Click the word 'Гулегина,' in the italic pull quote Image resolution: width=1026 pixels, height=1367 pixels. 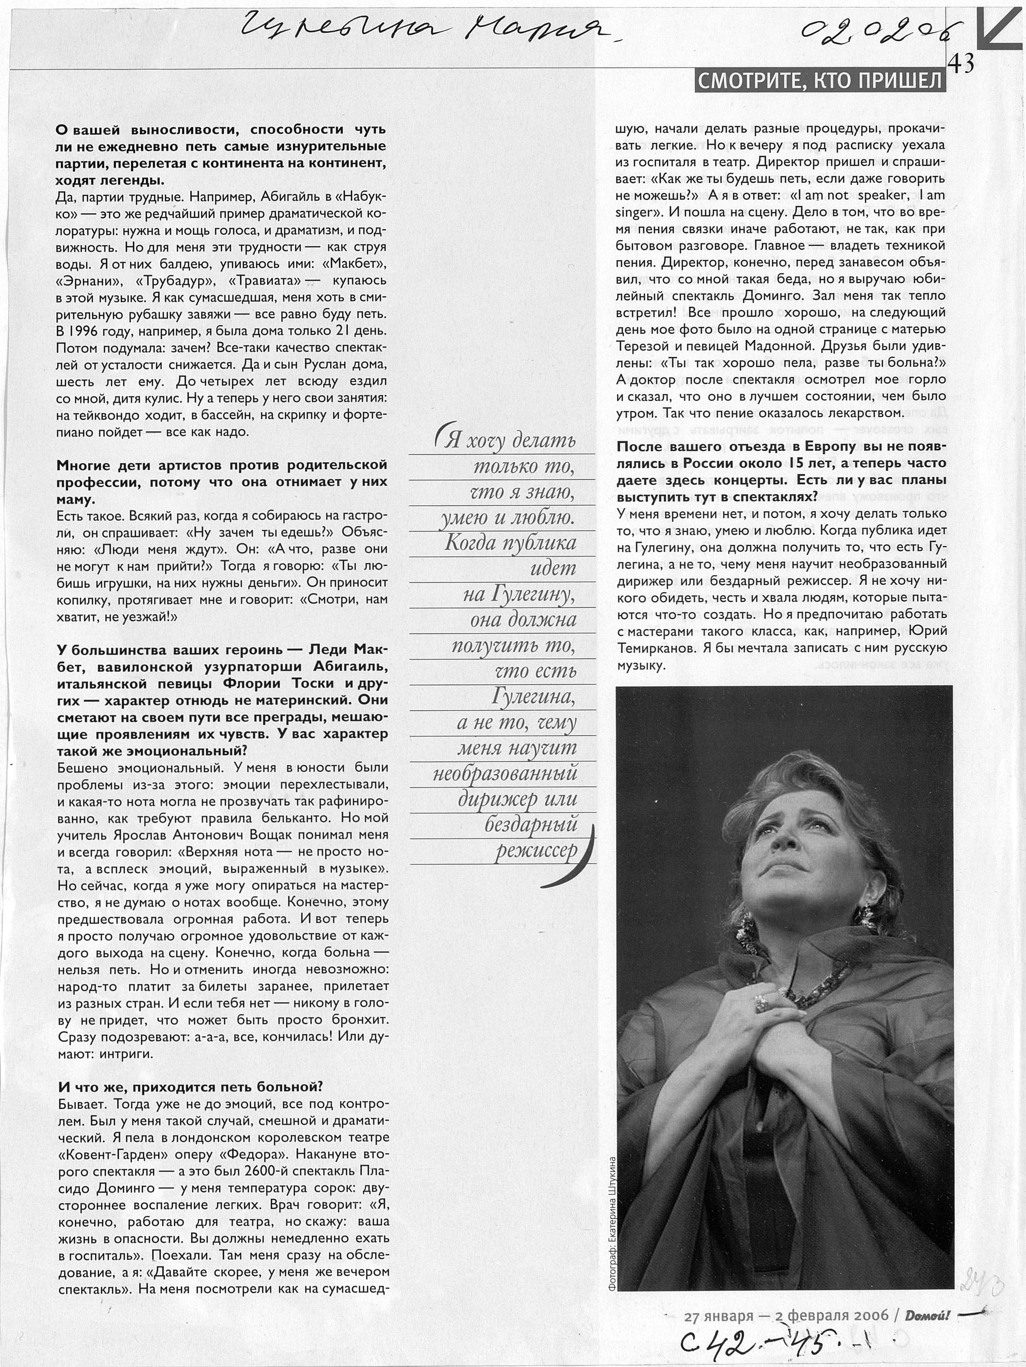tap(533, 697)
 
